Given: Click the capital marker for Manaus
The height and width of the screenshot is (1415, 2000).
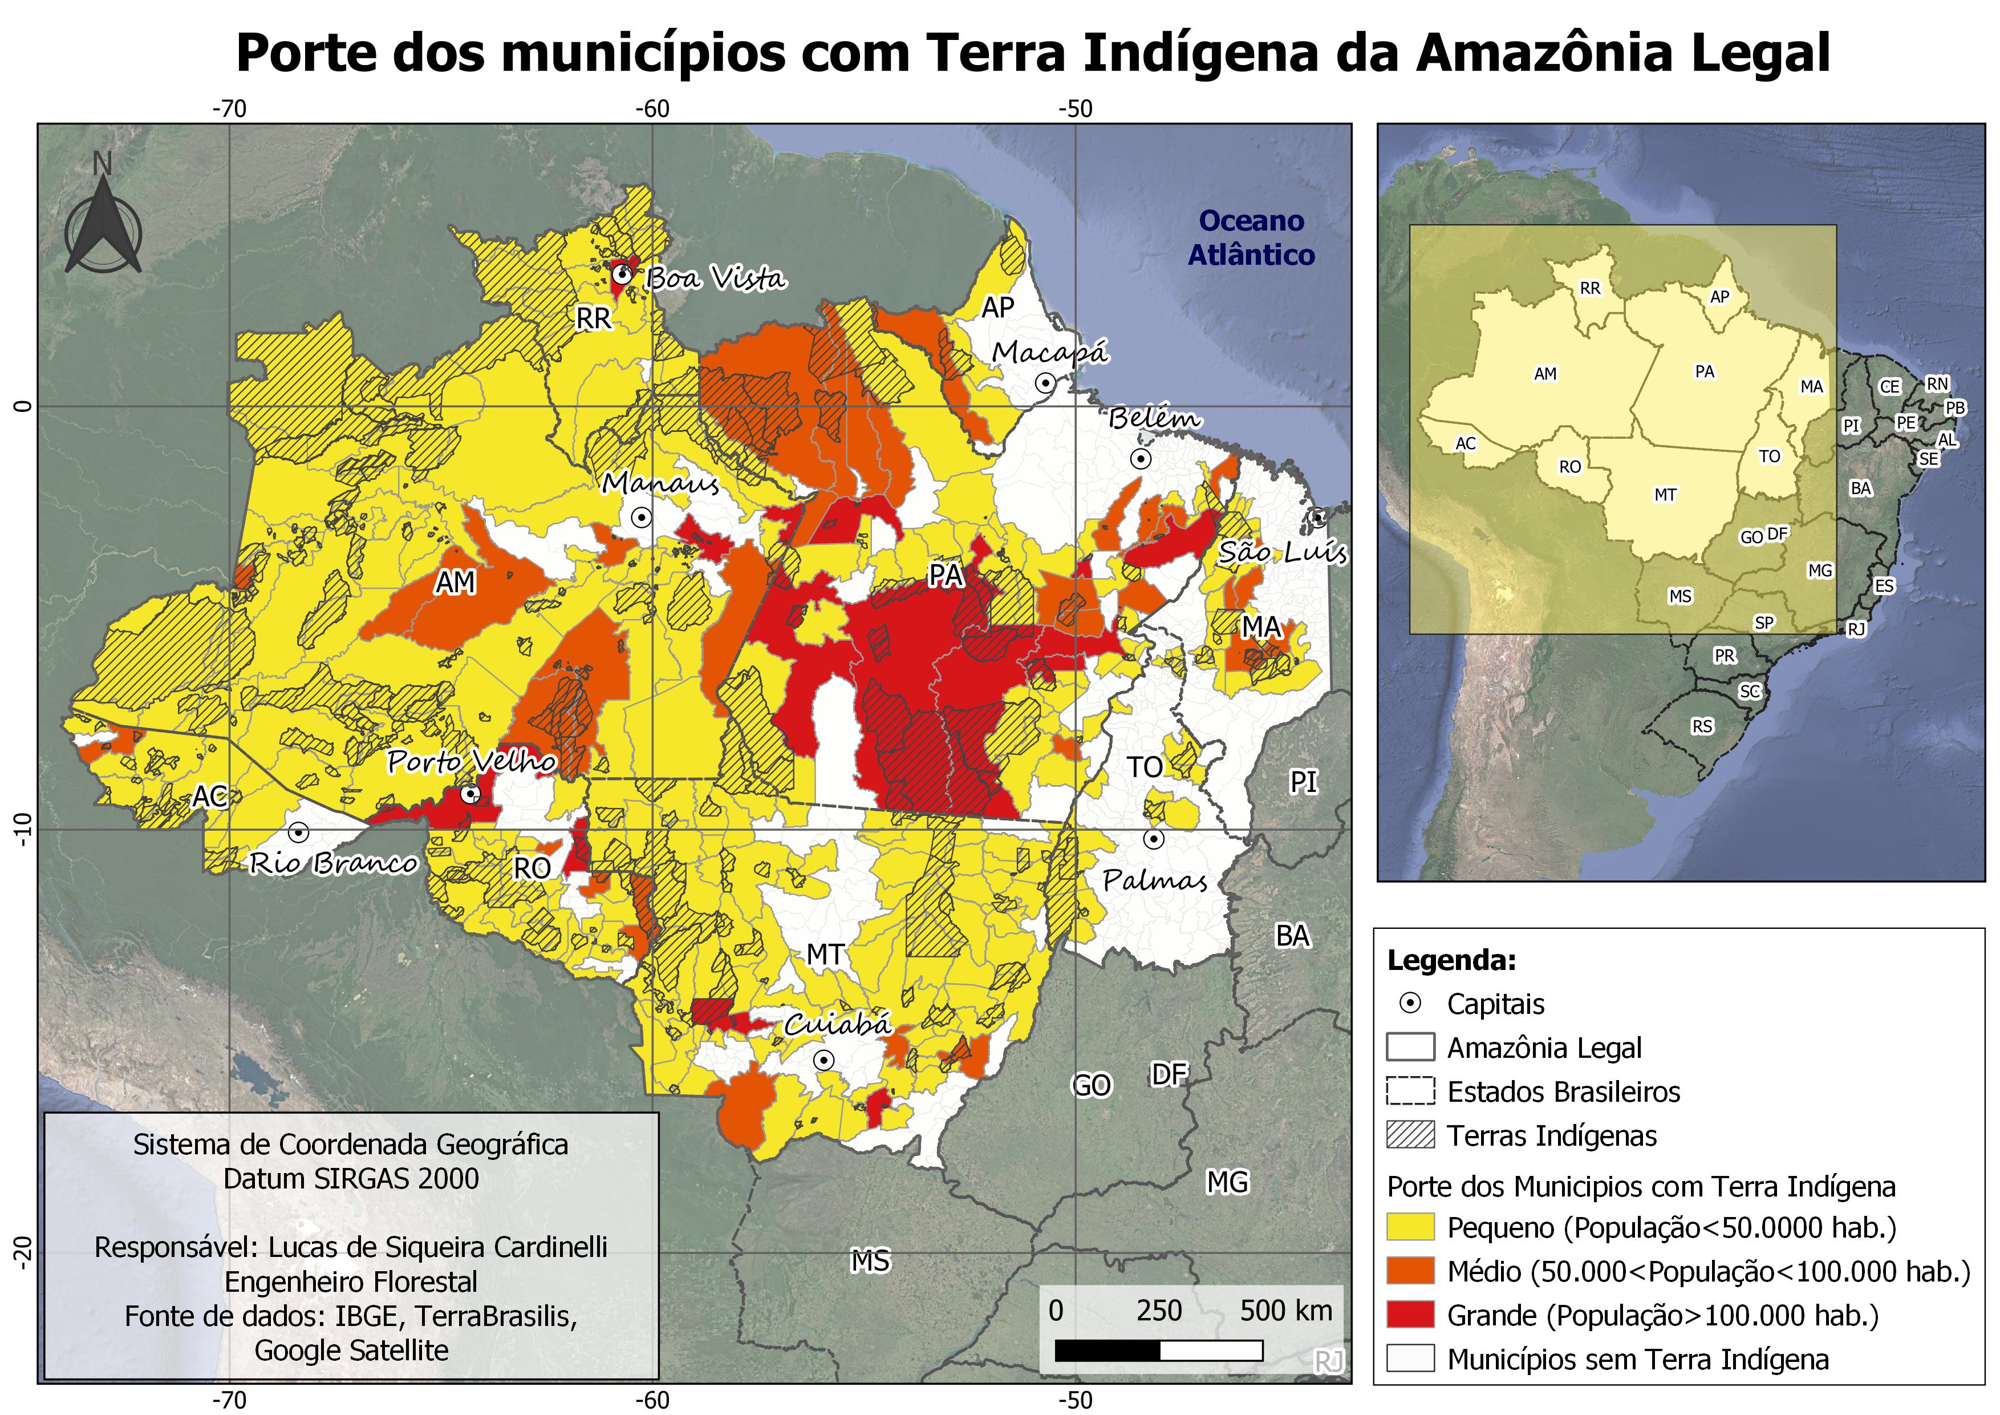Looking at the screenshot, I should (641, 518).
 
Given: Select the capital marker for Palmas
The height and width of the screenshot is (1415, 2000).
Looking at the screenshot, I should (1153, 839).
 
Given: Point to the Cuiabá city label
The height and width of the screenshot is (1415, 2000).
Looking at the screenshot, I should (838, 1024).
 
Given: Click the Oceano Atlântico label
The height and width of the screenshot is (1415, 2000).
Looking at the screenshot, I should (1251, 238).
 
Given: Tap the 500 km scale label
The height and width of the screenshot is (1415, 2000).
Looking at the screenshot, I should (1285, 1311).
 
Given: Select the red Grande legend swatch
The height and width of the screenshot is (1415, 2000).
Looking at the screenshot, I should (1410, 1315).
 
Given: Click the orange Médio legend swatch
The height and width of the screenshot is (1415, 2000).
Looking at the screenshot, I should (1410, 1271).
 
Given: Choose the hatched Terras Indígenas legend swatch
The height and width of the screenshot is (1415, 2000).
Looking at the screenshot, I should (1410, 1135).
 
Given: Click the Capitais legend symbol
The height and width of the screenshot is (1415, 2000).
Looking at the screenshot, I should (1410, 1004).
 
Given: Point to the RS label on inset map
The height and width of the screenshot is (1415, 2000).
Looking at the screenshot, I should (1701, 726).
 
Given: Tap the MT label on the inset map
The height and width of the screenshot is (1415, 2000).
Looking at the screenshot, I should (1665, 495).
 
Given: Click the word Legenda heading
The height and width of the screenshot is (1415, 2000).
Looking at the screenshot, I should (1451, 960).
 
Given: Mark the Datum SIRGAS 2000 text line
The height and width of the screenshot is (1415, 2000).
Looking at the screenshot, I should (351, 1179).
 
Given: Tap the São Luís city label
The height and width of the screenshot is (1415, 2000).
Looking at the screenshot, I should (1282, 552).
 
